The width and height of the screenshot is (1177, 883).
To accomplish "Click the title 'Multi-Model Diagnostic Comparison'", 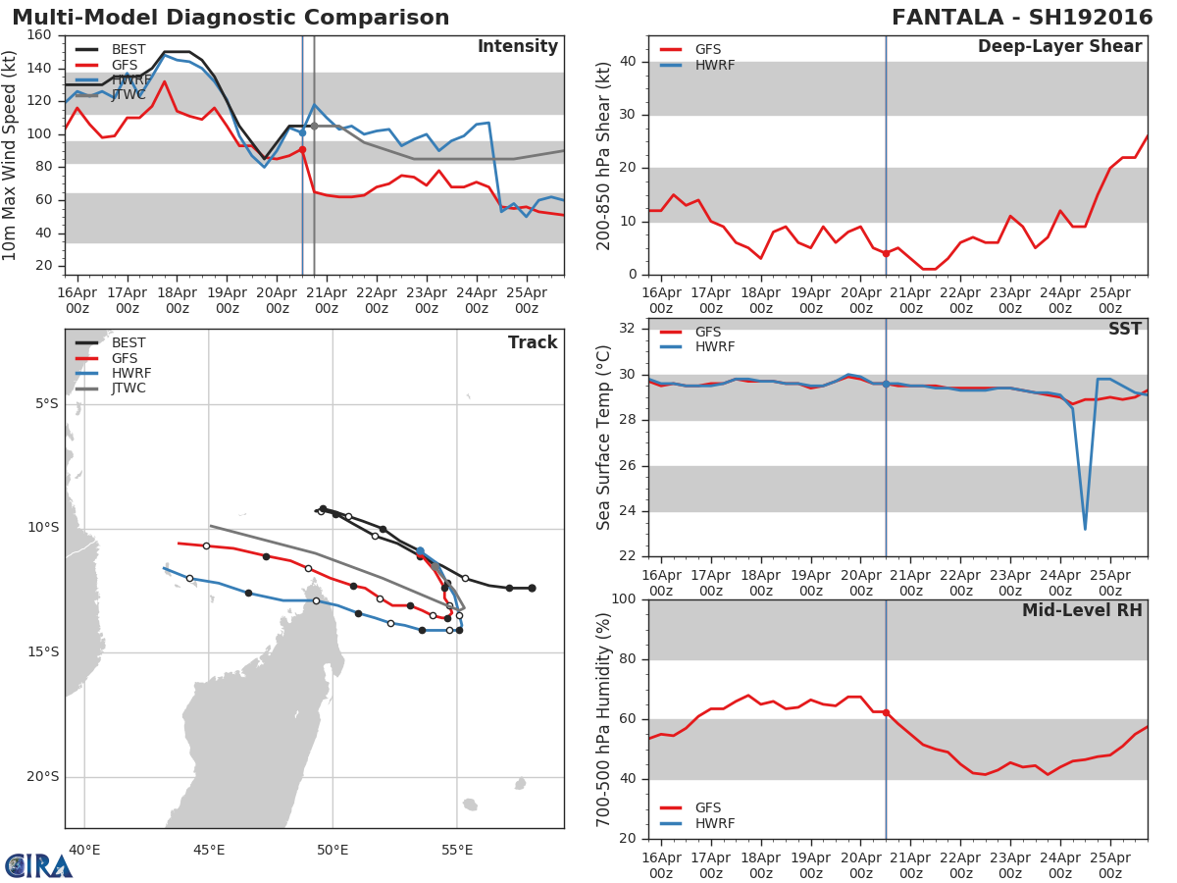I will click(230, 18).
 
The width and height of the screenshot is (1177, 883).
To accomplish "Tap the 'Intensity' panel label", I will click(517, 47).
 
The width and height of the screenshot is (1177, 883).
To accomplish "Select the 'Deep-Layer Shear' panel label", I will click(1059, 47).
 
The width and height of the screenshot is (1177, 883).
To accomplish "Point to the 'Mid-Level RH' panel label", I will click(1081, 611).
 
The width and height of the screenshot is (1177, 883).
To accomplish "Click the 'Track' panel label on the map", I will click(532, 342).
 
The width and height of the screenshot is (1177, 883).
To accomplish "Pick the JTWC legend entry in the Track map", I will click(128, 389).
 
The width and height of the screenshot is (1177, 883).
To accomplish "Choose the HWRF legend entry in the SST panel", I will click(714, 347).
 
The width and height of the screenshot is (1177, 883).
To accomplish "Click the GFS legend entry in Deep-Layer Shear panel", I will click(707, 50).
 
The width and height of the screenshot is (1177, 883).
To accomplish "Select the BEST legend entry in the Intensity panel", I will click(128, 50).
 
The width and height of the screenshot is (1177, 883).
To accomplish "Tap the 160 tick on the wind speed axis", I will click(40, 35).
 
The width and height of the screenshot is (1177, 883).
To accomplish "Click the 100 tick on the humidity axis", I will click(623, 599).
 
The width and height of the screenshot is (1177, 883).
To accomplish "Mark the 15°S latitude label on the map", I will click(42, 652).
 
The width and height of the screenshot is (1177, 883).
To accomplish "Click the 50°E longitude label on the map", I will click(333, 850).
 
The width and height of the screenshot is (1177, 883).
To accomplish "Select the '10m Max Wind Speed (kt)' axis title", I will click(11, 155).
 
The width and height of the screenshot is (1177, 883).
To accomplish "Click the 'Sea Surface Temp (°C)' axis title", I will click(604, 438).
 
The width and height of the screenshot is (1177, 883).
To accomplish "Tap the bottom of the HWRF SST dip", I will click(1085, 530).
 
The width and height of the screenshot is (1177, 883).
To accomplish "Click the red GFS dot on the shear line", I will click(886, 253).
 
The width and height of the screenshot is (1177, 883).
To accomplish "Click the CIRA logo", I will click(39, 866).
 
